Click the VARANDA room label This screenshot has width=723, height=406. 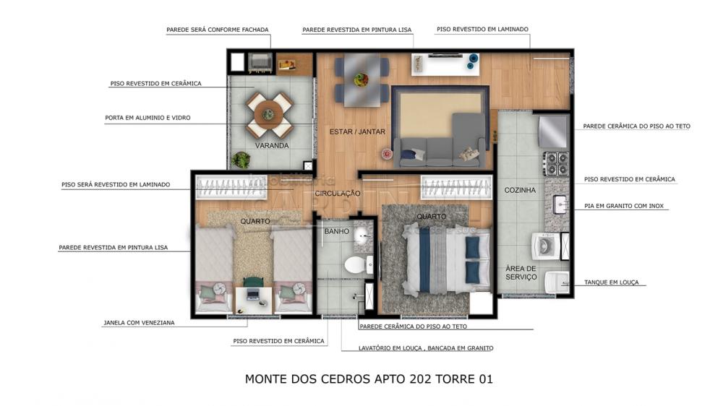[272, 146]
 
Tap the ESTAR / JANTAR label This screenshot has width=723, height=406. [357, 131]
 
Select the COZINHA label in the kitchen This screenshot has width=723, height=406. [520, 190]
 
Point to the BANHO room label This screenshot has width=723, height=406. [337, 231]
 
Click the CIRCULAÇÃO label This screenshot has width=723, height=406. [338, 194]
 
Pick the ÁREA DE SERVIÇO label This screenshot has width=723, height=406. [521, 272]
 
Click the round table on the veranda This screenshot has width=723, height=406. [269, 114]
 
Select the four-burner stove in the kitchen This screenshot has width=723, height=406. [556, 163]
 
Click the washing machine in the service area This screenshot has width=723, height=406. [546, 246]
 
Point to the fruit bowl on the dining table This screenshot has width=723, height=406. [361, 79]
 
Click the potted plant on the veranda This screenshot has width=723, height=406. [240, 160]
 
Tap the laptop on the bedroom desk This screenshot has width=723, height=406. [252, 294]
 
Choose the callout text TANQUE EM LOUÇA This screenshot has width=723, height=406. [612, 282]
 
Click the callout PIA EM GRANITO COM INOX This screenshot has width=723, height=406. [624, 206]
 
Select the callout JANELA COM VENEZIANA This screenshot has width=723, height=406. [139, 323]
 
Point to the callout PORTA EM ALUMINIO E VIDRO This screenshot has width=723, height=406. [147, 118]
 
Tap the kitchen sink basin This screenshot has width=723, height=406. [560, 204]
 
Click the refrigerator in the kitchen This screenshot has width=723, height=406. [553, 131]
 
